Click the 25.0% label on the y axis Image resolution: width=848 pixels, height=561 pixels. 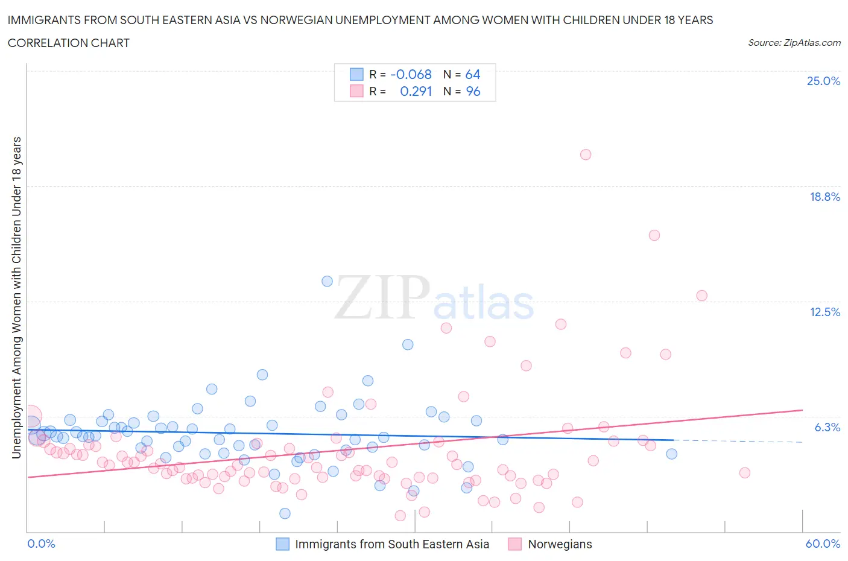823,81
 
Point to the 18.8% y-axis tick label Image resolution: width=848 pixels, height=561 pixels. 824,197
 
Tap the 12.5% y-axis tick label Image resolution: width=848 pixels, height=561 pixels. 824,312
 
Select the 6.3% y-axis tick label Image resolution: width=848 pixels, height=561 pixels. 827,427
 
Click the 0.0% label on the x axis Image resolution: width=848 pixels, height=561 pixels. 41,544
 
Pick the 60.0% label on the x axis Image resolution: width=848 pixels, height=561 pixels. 823,544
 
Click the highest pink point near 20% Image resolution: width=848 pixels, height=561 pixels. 585,154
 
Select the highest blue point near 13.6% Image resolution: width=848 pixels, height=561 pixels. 327,281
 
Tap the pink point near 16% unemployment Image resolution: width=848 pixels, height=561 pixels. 654,235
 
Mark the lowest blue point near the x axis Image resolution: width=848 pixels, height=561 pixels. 285,513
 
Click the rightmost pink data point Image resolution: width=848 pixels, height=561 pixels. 744,472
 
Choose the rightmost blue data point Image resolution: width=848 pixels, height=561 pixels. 671,454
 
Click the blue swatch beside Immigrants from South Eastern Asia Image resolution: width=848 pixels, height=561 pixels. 282,544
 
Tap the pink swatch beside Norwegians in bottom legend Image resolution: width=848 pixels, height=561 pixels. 514,544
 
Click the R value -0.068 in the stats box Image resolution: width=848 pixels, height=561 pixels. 411,74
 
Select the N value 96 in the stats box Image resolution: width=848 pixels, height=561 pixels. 473,91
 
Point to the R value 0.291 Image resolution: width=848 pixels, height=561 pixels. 416,91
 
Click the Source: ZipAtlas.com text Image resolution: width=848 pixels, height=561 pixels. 794,42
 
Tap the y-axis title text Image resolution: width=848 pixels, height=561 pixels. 16,297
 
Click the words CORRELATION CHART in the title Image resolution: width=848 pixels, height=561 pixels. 69,43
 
